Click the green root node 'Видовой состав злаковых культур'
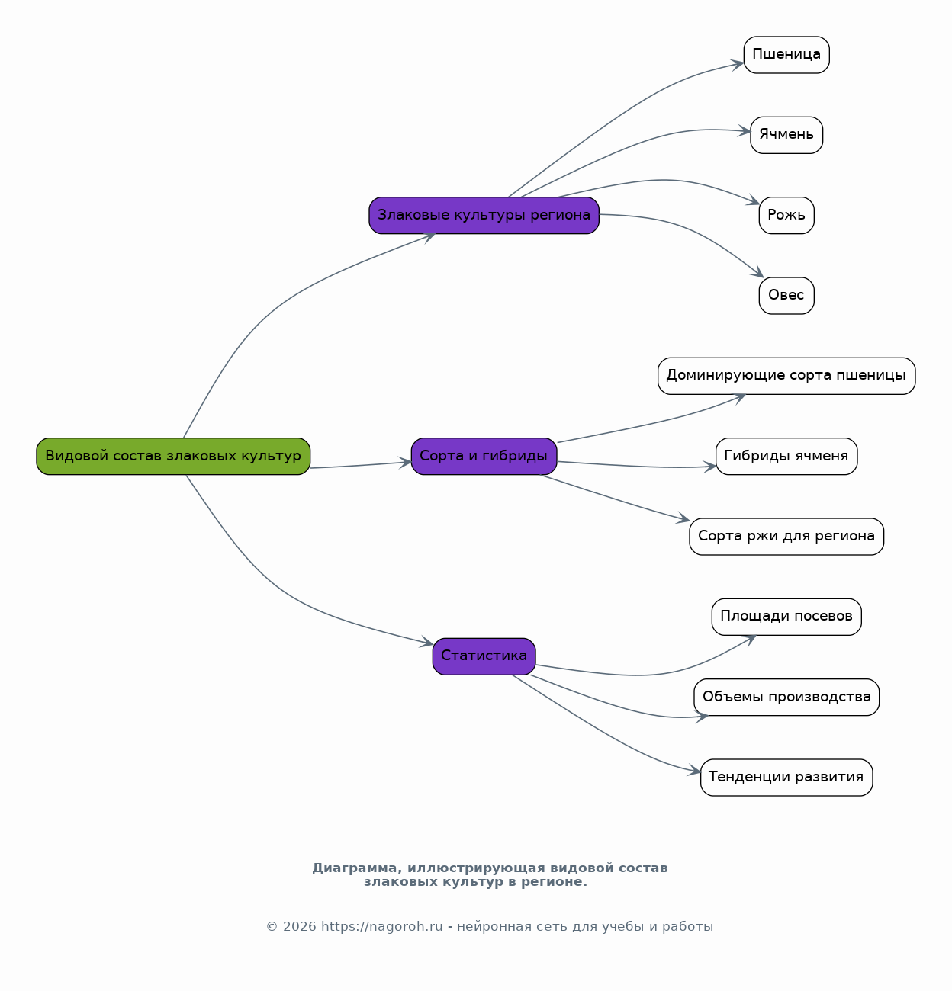coord(173,457)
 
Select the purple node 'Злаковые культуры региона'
coord(484,216)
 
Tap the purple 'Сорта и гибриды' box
coord(484,457)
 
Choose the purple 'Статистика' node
coord(484,656)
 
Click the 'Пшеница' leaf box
coord(786,55)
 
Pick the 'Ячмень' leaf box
coord(786,135)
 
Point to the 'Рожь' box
coord(786,216)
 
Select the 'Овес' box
coord(786,296)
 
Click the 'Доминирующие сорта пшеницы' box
coord(786,376)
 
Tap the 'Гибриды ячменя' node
coord(786,457)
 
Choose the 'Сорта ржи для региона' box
coord(786,537)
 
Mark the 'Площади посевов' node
coord(786,617)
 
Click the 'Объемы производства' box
coord(786,698)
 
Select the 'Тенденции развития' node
coord(786,778)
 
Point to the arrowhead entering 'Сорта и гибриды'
coord(405,463)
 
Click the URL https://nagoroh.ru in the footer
coord(381,926)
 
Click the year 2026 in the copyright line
coord(300,926)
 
